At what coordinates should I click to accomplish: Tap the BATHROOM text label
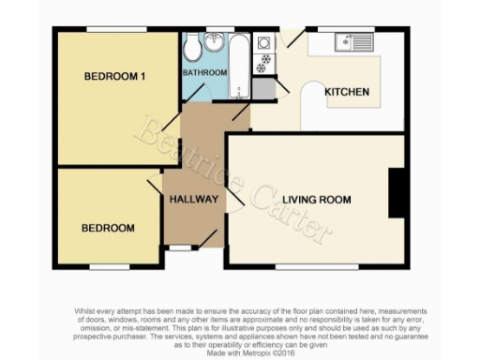click(x=204, y=72)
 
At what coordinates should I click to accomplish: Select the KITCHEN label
click(x=346, y=92)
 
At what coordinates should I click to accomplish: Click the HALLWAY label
click(x=194, y=199)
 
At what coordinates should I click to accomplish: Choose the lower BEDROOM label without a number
click(x=107, y=228)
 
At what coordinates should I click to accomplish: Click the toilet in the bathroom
click(x=192, y=46)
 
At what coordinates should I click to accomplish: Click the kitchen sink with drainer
click(x=354, y=42)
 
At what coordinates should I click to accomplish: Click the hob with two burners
click(x=264, y=64)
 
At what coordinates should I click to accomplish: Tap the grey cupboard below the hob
click(x=263, y=86)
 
